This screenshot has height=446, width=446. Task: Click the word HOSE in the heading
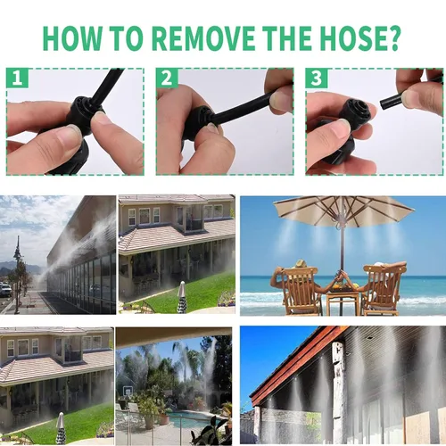(351, 38)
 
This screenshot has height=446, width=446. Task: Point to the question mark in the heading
(392, 38)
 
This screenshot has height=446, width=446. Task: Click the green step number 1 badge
(17, 78)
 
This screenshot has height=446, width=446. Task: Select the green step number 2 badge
(167, 78)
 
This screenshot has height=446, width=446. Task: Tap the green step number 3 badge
(317, 78)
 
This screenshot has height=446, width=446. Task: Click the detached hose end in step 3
(392, 101)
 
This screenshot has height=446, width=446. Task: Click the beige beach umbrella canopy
(343, 210)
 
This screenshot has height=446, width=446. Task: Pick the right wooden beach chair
(384, 290)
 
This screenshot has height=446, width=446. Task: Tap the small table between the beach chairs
(343, 301)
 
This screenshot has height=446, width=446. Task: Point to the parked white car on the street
(5, 289)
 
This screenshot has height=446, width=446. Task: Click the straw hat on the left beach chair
(301, 263)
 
